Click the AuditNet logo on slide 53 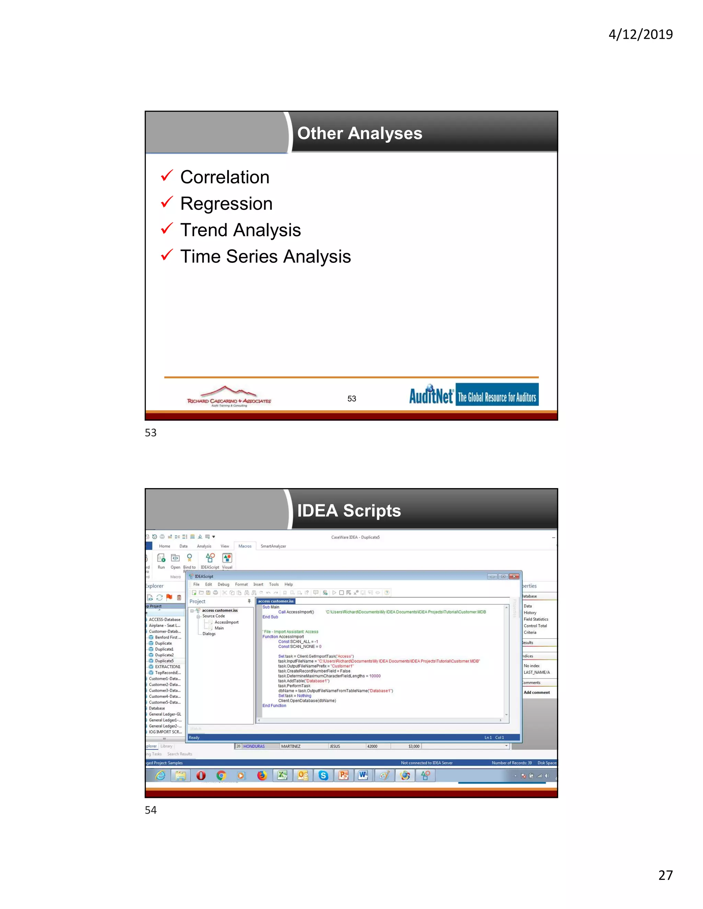coord(473,394)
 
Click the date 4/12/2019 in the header coord(640,34)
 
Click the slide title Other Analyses coord(359,133)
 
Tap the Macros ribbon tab coord(245,546)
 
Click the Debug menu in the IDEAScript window coord(223,585)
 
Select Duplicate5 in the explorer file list coord(164,661)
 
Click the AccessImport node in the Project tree coord(227,622)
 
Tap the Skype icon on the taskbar coord(323,776)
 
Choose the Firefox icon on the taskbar coord(262,776)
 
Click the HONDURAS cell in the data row coord(254,746)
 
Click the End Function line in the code coord(274,706)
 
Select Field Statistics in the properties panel coord(535,619)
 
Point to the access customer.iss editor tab coord(276,601)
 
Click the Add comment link coord(537,693)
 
